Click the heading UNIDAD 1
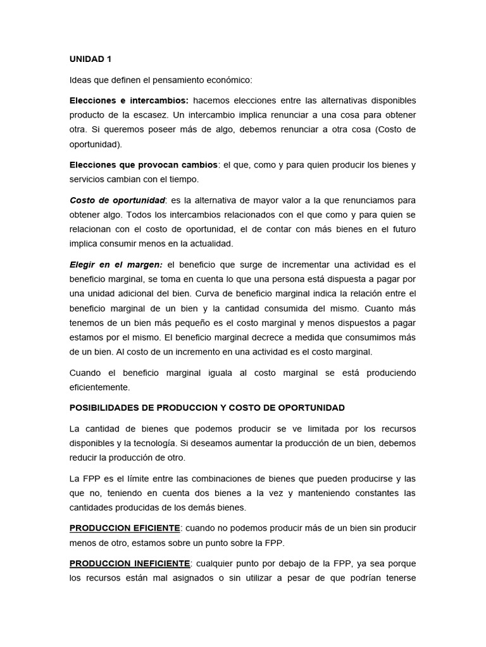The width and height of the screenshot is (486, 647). coord(90,59)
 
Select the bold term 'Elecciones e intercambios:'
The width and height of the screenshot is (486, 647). coord(128,100)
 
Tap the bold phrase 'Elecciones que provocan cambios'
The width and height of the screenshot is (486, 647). coord(143,165)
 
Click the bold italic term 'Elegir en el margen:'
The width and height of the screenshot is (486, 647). coord(116,264)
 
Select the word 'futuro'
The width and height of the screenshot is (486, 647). coord(401,229)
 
